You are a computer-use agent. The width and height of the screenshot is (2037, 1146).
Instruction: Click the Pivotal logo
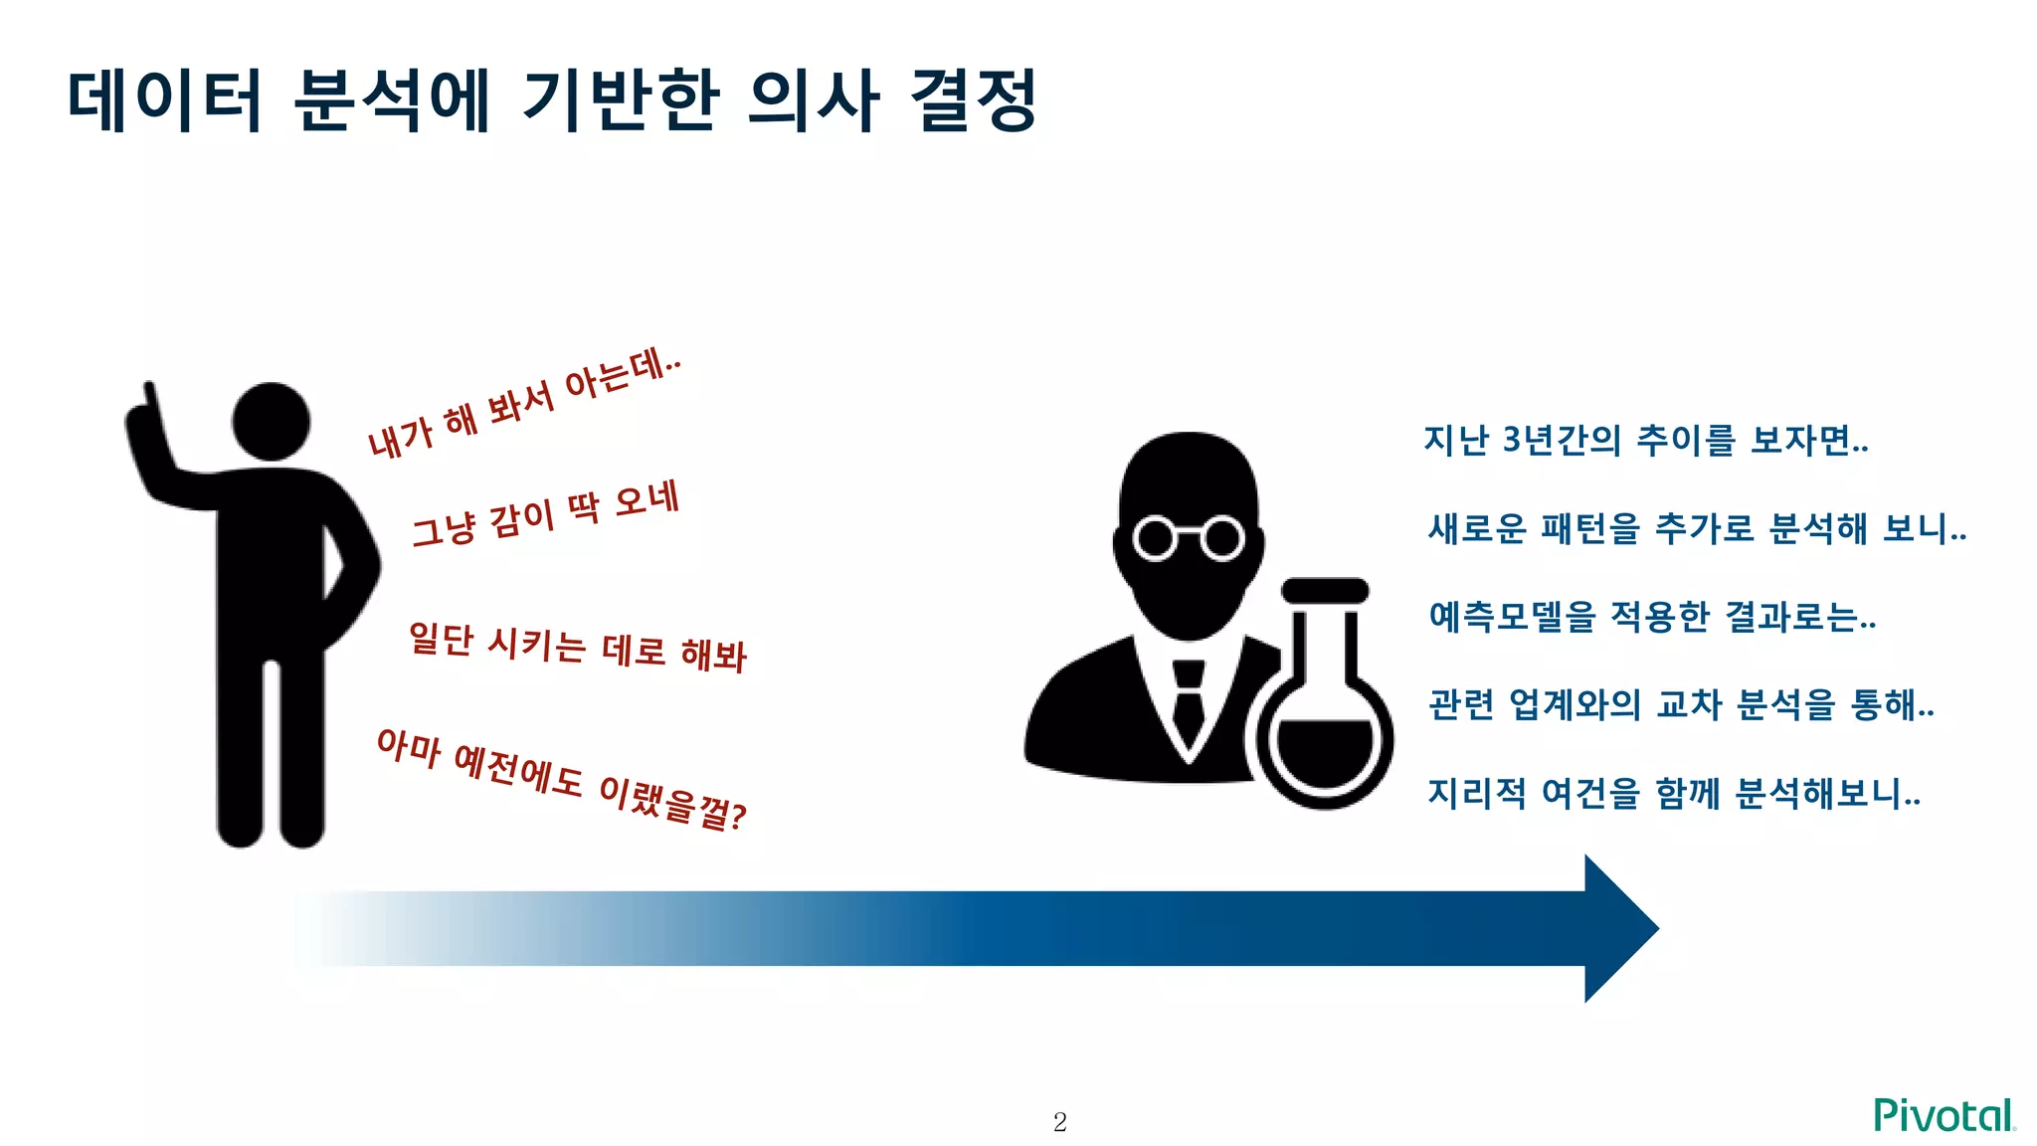pyautogui.click(x=1944, y=1115)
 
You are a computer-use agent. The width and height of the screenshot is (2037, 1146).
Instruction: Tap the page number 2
pyautogui.click(x=1059, y=1122)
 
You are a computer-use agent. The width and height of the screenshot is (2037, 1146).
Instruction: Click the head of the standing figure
pyautogui.click(x=271, y=421)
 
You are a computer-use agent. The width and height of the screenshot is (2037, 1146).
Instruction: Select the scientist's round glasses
pyautogui.click(x=1189, y=538)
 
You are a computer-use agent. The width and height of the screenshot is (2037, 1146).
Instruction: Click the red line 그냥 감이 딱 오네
pyautogui.click(x=546, y=513)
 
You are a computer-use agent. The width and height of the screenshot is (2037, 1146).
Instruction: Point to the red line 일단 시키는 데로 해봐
pyautogui.click(x=577, y=648)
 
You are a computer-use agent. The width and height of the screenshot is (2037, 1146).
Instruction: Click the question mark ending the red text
pyautogui.click(x=737, y=817)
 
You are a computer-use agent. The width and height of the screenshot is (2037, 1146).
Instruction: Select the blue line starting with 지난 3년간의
pyautogui.click(x=1645, y=439)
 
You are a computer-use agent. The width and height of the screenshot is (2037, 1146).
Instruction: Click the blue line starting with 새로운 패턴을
pyautogui.click(x=1696, y=528)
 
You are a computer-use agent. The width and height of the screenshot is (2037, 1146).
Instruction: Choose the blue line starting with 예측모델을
pyautogui.click(x=1652, y=617)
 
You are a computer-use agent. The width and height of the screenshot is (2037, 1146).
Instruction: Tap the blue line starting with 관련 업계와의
pyautogui.click(x=1681, y=705)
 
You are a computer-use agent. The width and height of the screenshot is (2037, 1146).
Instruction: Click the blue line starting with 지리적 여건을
pyautogui.click(x=1673, y=794)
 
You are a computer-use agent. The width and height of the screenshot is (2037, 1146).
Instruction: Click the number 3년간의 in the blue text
pyautogui.click(x=1562, y=439)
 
